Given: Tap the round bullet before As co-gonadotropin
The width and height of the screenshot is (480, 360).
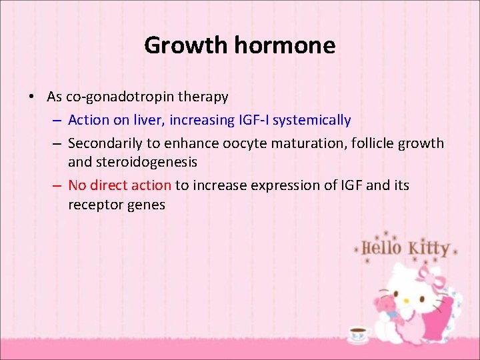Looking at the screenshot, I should pyautogui.click(x=32, y=97).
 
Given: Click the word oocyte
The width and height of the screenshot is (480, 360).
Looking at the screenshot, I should pyautogui.click(x=247, y=143).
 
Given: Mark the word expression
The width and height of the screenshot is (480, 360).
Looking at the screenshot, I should pyautogui.click(x=280, y=185).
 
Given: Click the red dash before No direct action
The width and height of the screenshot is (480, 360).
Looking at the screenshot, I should pyautogui.click(x=56, y=185).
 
